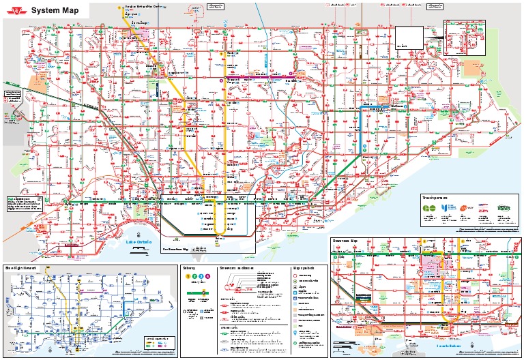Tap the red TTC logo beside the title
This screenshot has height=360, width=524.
[x=17, y=10]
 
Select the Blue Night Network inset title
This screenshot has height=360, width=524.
[x=20, y=269]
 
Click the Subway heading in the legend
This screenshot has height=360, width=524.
[x=189, y=269]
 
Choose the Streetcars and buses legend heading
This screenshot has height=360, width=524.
[x=237, y=269]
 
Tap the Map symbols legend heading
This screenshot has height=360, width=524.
[x=303, y=269]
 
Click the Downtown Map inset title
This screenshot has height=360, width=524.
[x=347, y=241]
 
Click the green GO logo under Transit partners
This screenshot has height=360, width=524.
[x=428, y=208]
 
